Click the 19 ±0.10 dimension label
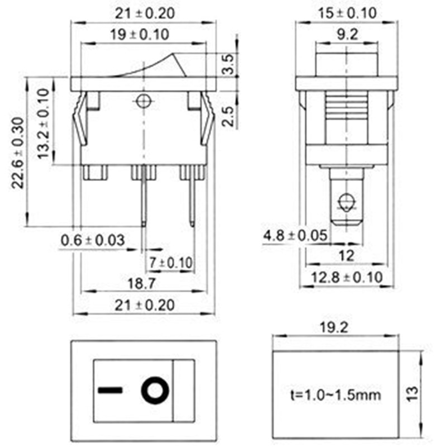(x=140, y=35)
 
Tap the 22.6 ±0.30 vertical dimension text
(x=18, y=153)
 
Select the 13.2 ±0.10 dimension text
(x=44, y=123)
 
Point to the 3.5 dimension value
(x=228, y=64)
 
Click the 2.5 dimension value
(x=228, y=116)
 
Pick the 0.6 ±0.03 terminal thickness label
(x=93, y=240)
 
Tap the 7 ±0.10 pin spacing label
(x=171, y=263)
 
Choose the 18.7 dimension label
(x=142, y=284)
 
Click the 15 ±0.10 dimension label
(x=347, y=13)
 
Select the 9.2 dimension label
(x=347, y=35)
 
